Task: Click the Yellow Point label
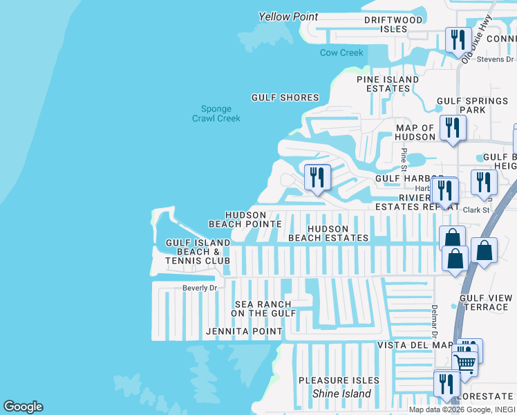tap(288, 17)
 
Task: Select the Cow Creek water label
tap(341, 53)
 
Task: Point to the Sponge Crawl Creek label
tap(216, 113)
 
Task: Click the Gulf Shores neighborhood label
tap(285, 98)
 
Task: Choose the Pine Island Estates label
tap(387, 84)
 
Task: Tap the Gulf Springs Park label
tap(472, 106)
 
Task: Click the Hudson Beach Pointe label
tap(245, 220)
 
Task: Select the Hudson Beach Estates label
tap(328, 233)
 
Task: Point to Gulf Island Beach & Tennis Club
tap(198, 252)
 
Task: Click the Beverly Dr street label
tap(200, 288)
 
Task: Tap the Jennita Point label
tap(244, 331)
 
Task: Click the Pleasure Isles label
tap(339, 380)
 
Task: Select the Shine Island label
tap(341, 394)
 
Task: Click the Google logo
tap(23, 407)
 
